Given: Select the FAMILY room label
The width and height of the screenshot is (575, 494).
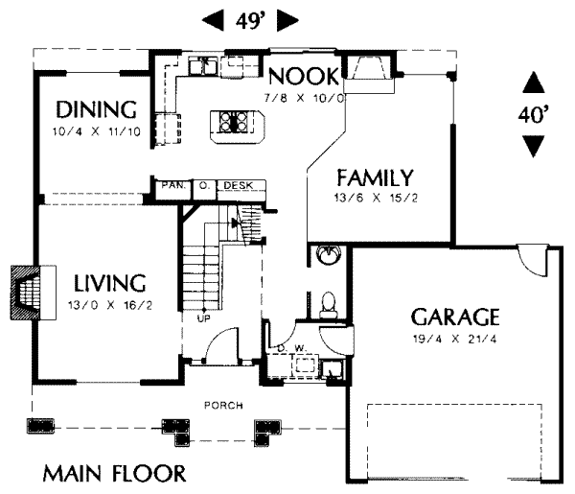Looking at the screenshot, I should tap(375, 177).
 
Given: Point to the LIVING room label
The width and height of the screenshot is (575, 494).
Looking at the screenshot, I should tap(110, 283).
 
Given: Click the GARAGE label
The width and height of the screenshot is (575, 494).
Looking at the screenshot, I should tap(455, 317).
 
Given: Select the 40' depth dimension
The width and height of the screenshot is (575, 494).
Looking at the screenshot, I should tap(534, 115).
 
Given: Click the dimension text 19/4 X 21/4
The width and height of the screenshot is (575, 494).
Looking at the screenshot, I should tap(455, 339).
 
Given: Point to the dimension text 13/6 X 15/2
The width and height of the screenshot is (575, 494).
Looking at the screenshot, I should tap(375, 199).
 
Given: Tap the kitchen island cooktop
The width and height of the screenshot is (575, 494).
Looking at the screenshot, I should tap(235, 122).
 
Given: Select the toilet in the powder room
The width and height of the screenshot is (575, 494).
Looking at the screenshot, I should tap(329, 304).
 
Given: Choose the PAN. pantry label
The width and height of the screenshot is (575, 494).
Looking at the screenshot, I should tap(172, 184).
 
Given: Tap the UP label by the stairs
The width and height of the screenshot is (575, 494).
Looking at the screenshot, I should tap(203, 318).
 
